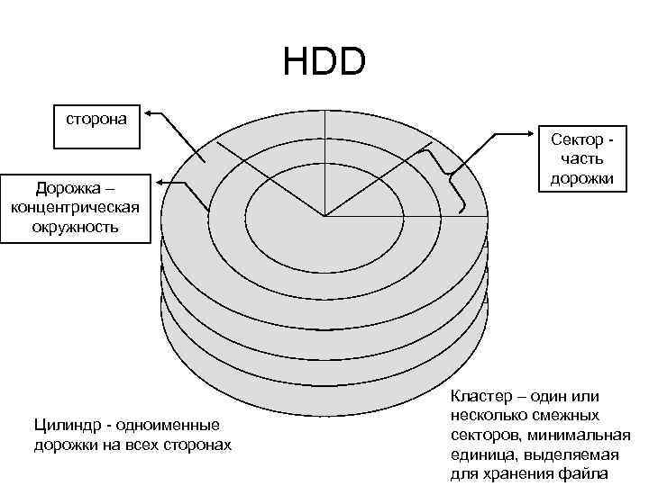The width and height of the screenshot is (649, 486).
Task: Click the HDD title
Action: pyautogui.click(x=324, y=62)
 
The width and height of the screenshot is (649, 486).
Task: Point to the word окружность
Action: pyautogui.click(x=75, y=226)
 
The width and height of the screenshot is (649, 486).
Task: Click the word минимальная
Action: pyautogui.click(x=585, y=435)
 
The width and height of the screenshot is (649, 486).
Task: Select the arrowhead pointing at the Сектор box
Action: pyautogui.click(x=531, y=134)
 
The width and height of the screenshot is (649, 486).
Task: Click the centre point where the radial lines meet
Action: pyautogui.click(x=324, y=216)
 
